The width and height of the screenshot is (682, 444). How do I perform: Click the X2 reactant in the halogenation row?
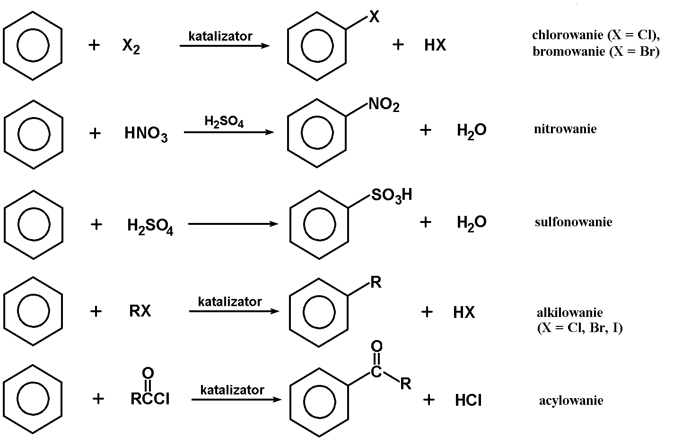tap(131, 46)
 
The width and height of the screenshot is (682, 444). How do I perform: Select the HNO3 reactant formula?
tap(146, 134)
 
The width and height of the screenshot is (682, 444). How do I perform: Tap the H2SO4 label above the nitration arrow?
tap(224, 121)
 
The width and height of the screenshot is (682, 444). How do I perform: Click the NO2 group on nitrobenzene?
tap(384, 104)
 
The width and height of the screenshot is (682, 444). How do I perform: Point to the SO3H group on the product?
tap(392, 195)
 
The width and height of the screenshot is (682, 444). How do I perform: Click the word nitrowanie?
tap(565, 129)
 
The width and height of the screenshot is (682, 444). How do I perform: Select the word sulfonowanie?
tap(573, 222)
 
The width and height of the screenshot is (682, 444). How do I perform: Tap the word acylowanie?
tap(571, 401)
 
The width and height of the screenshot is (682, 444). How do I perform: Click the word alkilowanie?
tap(569, 313)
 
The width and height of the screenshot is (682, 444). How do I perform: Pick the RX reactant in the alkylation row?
tap(140, 311)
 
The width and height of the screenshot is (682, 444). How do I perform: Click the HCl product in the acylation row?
tap(468, 401)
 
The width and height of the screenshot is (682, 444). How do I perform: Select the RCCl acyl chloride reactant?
tap(150, 399)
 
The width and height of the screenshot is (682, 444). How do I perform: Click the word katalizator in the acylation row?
tap(232, 390)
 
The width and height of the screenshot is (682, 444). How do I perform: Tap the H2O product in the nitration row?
tap(472, 130)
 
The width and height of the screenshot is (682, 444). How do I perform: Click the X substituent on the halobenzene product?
tap(374, 17)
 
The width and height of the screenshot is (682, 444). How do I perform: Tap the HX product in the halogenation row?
tap(435, 45)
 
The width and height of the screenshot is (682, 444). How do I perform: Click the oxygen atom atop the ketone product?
tap(376, 347)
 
